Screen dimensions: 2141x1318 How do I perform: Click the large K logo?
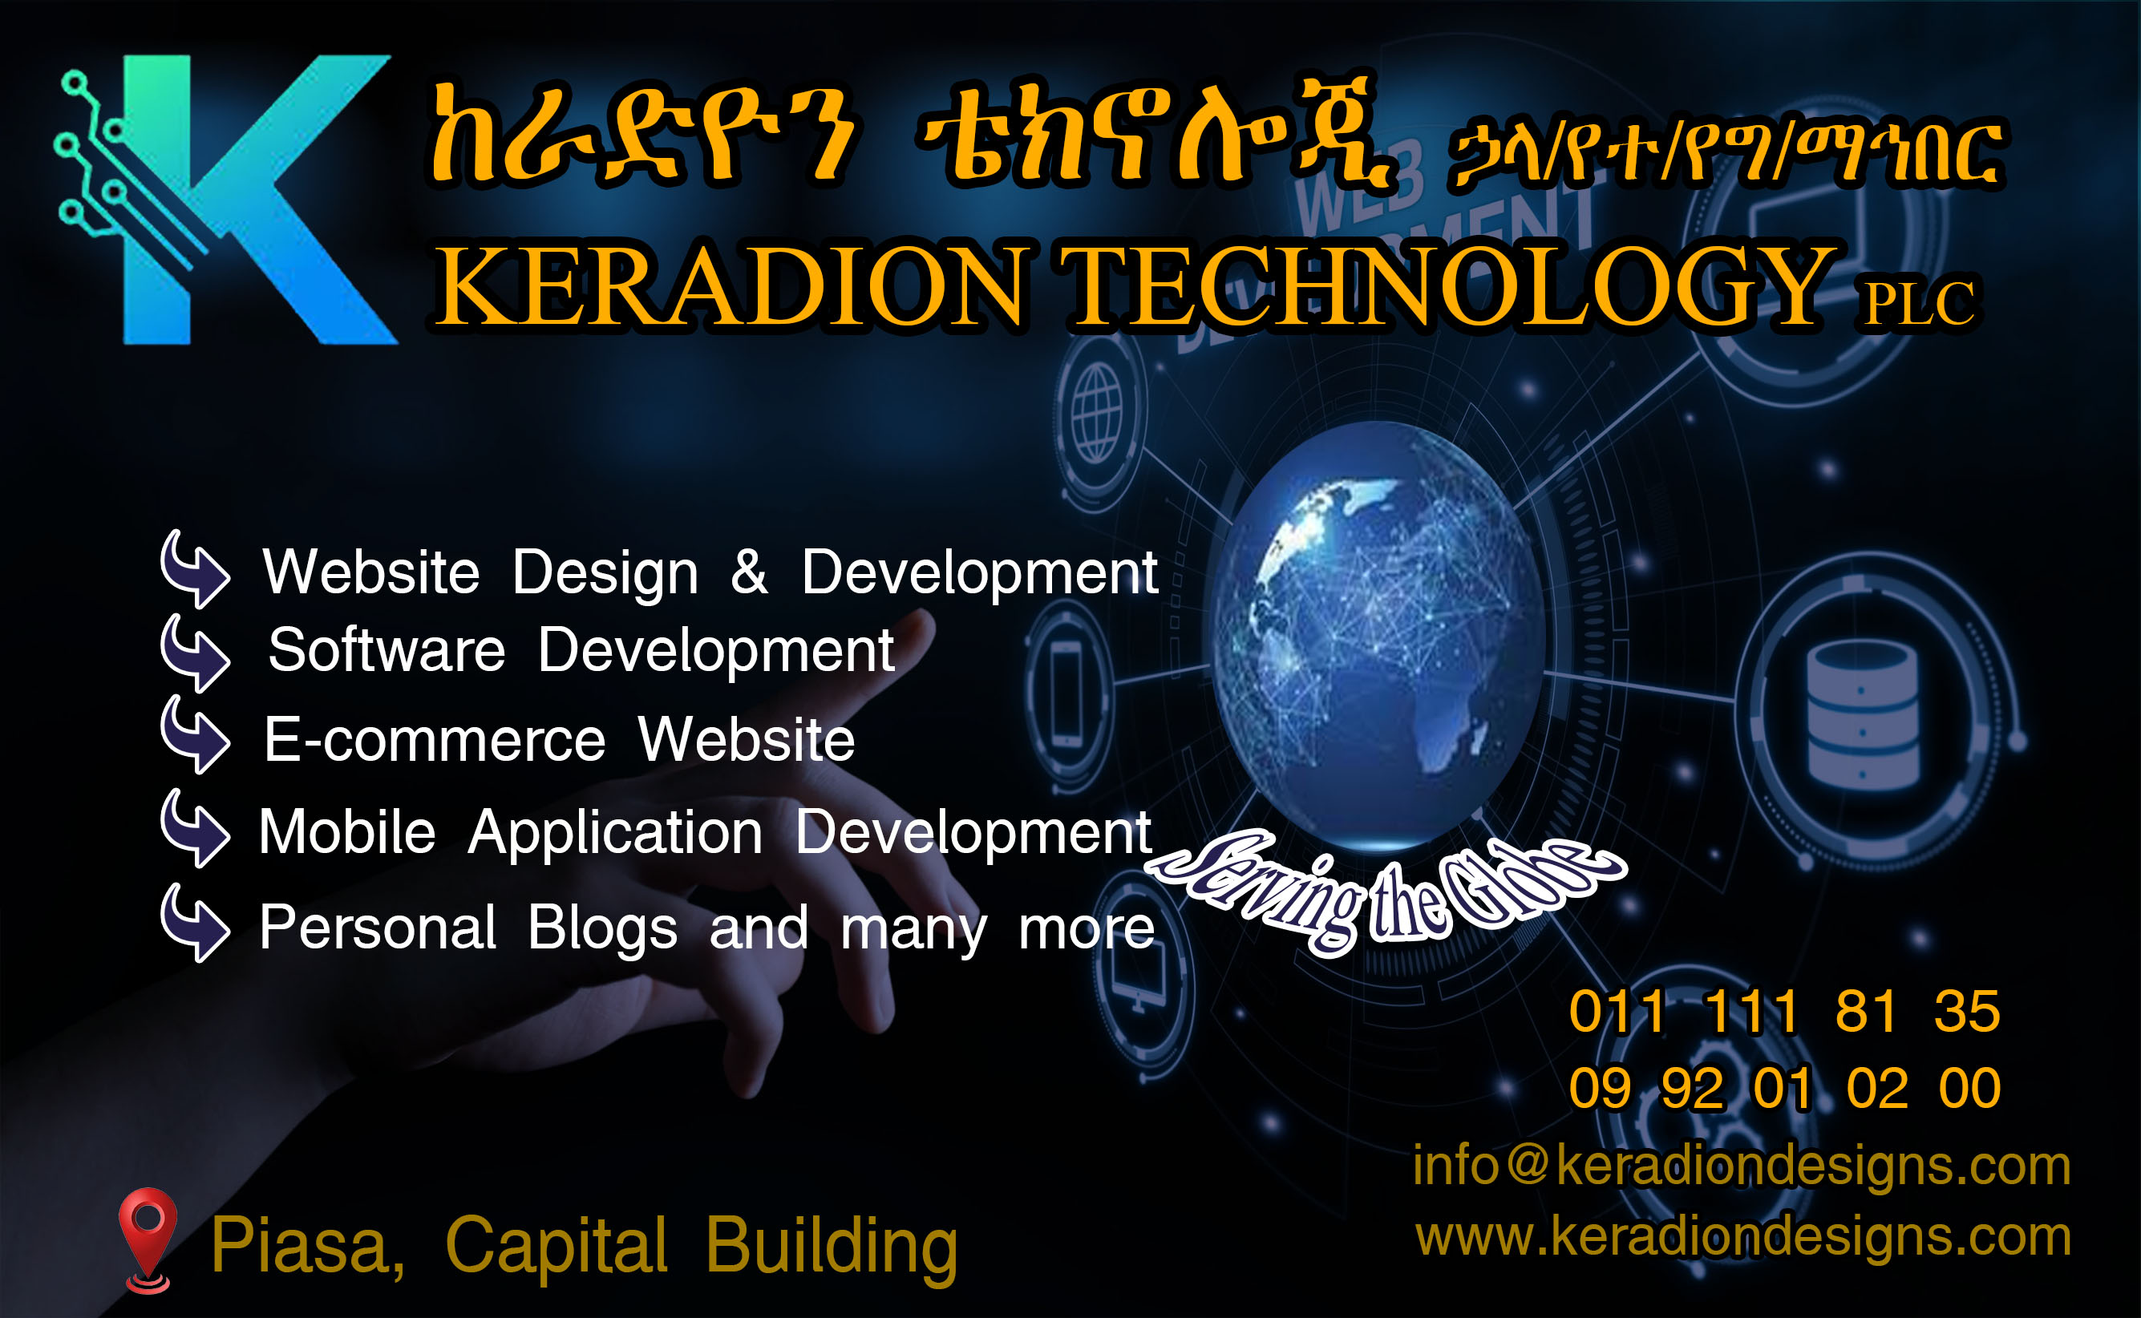click(227, 200)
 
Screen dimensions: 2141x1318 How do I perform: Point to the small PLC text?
click(1919, 302)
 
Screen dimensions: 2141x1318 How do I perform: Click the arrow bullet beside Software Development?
click(196, 653)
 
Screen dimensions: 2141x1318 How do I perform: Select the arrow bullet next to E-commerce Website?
click(196, 735)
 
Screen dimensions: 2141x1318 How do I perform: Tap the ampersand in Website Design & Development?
click(749, 572)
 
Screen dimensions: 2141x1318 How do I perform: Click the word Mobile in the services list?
click(347, 831)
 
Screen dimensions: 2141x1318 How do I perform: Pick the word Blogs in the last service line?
click(602, 928)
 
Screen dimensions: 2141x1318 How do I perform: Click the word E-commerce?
click(434, 740)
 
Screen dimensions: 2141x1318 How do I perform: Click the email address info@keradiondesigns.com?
click(1742, 1166)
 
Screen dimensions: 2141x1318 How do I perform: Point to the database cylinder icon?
click(1863, 715)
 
